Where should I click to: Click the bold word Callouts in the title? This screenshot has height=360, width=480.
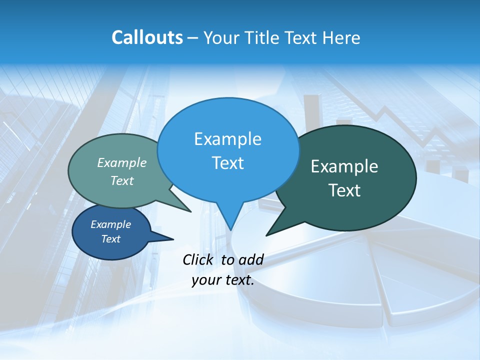[147, 37]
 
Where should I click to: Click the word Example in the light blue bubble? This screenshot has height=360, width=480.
[227, 139]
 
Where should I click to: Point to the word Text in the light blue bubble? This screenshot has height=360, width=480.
[227, 163]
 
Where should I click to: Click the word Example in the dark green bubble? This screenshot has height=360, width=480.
[344, 166]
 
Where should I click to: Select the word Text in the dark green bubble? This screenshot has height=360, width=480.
[344, 190]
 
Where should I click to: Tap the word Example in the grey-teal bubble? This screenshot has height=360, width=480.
[122, 162]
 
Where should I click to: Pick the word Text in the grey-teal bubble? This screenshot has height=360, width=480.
[122, 180]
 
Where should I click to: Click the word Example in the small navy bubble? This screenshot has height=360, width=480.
[110, 224]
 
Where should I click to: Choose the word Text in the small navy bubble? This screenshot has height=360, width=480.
[110, 239]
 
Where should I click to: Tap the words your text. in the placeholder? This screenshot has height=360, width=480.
[223, 280]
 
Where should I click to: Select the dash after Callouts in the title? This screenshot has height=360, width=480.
[193, 37]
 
